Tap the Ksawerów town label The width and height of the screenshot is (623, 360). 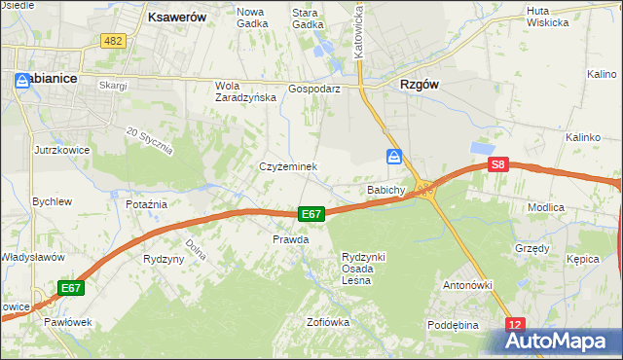174,17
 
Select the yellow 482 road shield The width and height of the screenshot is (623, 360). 112,40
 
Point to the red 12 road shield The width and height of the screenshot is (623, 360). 516,324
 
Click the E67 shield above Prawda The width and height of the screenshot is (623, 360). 311,214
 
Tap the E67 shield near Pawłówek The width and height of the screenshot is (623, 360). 70,288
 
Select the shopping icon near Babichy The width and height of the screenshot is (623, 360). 393,157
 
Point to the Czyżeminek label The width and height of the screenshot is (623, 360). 288,166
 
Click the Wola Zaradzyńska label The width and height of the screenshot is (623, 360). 240,90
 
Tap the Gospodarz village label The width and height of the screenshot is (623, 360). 313,88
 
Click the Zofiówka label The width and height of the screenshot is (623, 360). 327,322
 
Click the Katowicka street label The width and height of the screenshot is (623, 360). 359,30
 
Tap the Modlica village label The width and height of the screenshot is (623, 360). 572,207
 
